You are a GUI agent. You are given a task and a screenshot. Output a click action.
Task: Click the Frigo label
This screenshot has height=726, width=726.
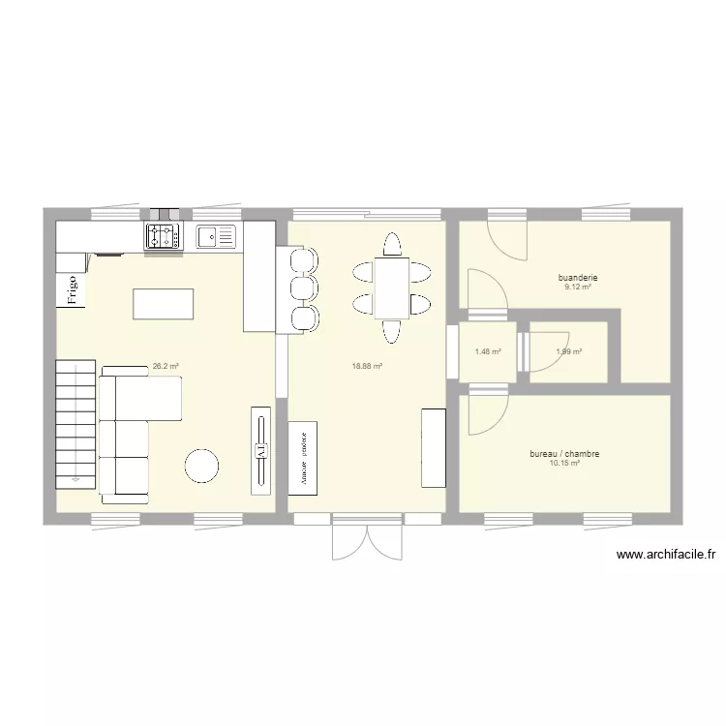pyautogui.click(x=72, y=289)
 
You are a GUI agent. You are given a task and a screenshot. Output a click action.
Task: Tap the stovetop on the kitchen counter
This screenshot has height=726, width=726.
pyautogui.click(x=163, y=235)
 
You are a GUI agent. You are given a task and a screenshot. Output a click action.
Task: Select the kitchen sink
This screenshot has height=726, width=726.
pyautogui.click(x=216, y=235)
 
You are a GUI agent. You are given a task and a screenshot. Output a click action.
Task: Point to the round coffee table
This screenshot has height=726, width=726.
pyautogui.click(x=203, y=466)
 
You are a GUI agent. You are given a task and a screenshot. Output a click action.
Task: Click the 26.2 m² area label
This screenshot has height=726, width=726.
pyautogui.click(x=166, y=367)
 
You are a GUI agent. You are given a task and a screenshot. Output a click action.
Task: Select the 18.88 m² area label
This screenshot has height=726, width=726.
pyautogui.click(x=369, y=367)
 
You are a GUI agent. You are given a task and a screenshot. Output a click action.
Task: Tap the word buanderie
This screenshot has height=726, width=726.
pyautogui.click(x=578, y=278)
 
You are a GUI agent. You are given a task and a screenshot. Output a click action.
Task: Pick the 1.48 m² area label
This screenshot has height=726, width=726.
pyautogui.click(x=488, y=351)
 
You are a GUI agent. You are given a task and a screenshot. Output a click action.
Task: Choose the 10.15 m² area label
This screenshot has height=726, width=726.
pyautogui.click(x=564, y=464)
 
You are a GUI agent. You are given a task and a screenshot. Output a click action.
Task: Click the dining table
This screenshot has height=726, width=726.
pyautogui.click(x=391, y=287)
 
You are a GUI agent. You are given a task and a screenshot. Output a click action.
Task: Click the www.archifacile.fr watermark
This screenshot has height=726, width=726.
pyautogui.click(x=665, y=555)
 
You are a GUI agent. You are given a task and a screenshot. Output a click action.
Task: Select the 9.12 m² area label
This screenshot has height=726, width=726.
pyautogui.click(x=578, y=287)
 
